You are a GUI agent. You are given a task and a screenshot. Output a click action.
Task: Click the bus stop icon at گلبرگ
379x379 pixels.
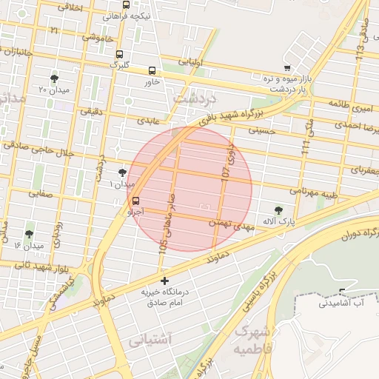pos(119,54)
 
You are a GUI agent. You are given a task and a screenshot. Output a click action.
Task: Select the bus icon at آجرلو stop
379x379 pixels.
pos(135,201)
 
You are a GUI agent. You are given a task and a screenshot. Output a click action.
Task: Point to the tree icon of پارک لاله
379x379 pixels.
pos(278,210)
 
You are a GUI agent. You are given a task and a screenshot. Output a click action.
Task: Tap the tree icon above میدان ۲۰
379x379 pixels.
pos(55,78)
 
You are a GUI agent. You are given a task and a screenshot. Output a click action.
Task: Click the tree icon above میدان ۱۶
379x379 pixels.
pos(30,234)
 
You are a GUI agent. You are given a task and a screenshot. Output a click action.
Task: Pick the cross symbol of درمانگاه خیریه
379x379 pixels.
pos(164,281)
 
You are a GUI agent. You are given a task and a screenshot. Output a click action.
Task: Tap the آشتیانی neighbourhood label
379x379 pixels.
pos(150,341)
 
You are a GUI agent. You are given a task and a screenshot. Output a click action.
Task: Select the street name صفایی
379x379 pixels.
pos(39,193)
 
